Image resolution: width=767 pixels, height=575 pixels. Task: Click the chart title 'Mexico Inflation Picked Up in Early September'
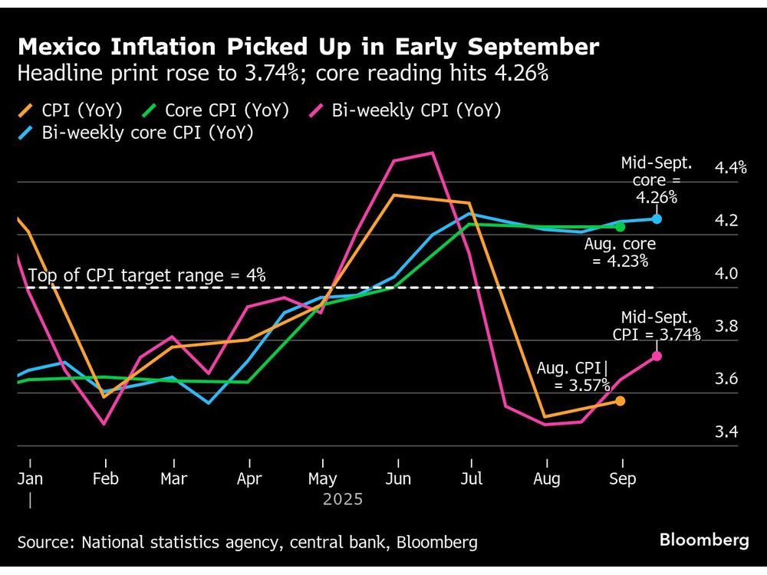[x=308, y=48]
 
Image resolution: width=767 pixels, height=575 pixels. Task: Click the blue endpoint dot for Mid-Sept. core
[x=657, y=219]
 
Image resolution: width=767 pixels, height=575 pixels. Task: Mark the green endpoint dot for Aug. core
[x=621, y=227]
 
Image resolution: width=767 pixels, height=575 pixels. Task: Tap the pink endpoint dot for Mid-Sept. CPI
[x=657, y=356]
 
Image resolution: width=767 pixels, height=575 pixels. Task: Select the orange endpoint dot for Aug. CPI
[x=621, y=401]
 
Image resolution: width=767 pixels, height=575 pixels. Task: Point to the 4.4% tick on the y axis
[x=730, y=168]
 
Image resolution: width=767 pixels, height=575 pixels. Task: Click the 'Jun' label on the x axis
[x=397, y=479]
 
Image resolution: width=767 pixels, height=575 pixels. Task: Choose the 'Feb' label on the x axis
[x=105, y=479]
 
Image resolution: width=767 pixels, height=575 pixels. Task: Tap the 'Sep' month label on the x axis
[x=622, y=479]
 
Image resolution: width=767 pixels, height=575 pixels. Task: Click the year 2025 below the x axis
[x=342, y=500]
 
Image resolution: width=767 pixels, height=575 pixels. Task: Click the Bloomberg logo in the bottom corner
[x=703, y=540]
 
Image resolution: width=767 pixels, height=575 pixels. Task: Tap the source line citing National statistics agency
[x=247, y=543]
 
